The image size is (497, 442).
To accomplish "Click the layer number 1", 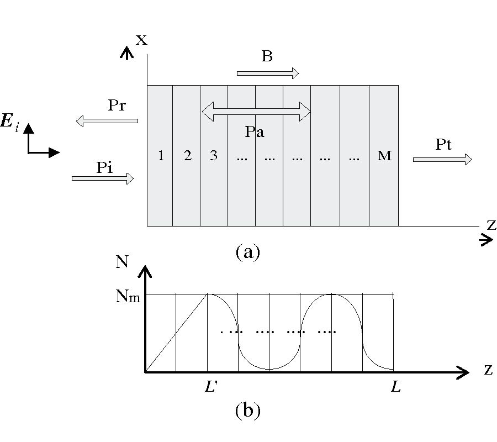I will pyautogui.click(x=161, y=156).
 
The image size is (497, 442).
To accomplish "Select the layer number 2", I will pyautogui.click(x=188, y=156).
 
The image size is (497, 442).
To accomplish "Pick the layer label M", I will pyautogui.click(x=384, y=156).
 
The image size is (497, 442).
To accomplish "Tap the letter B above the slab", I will pyautogui.click(x=267, y=57).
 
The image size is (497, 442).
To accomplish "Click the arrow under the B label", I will pyautogui.click(x=268, y=73).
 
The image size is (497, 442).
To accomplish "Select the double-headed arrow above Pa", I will pyautogui.click(x=257, y=111).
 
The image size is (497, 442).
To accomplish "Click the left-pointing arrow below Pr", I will pyautogui.click(x=107, y=120).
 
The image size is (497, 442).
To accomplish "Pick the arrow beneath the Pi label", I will pyautogui.click(x=103, y=178).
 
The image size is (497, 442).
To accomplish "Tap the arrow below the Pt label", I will pyautogui.click(x=442, y=159).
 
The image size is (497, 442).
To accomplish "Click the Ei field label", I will pyautogui.click(x=10, y=123).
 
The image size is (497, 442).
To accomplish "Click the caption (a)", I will pyautogui.click(x=247, y=252).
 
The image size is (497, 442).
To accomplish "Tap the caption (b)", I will pyautogui.click(x=247, y=411).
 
